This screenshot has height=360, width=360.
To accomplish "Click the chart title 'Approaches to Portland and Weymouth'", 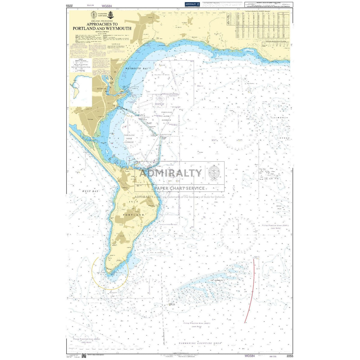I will [102, 26].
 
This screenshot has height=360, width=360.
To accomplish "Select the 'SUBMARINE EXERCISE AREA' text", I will [199, 343].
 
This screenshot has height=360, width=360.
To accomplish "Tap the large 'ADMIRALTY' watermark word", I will [171, 173].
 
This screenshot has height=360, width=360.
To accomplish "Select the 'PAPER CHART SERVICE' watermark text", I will [179, 188].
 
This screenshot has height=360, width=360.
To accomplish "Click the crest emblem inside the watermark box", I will [214, 173].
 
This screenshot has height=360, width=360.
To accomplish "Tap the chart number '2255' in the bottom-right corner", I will [289, 356].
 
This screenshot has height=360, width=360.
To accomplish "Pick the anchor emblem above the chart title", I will [111, 15].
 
